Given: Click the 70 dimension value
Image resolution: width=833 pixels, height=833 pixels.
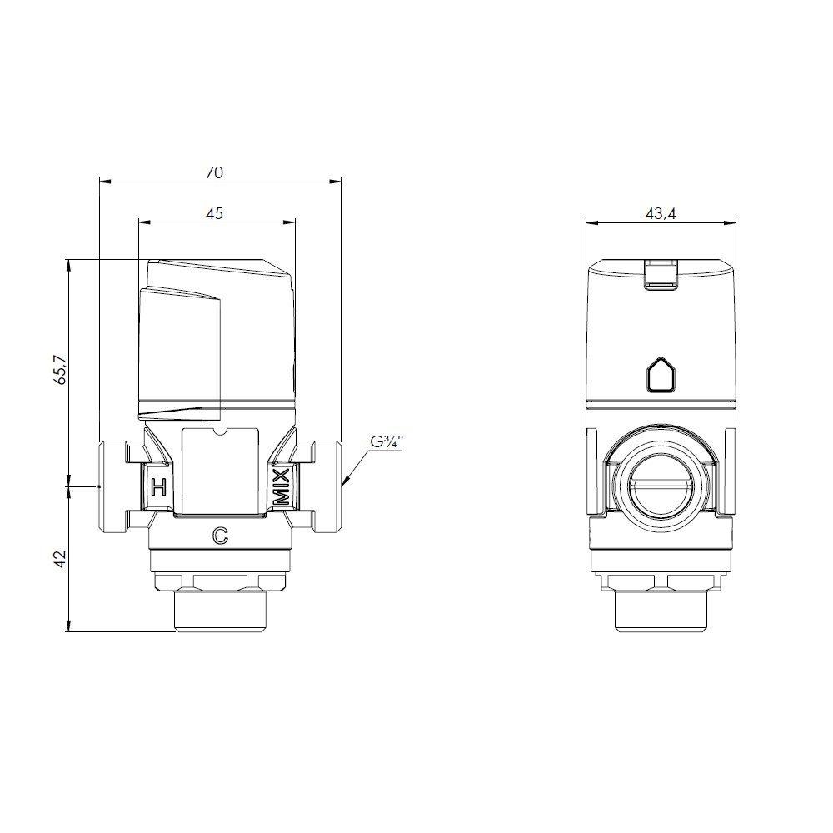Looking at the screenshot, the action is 215,172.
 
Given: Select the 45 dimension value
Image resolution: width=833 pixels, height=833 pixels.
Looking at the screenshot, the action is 215,213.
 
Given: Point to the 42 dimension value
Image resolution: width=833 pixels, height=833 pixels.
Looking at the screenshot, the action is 60,559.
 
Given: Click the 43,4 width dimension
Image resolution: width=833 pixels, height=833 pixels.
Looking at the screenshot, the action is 661,213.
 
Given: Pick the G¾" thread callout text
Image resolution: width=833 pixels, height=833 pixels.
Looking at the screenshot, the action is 387,442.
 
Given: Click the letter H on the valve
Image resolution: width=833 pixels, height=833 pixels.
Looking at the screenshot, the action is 158,486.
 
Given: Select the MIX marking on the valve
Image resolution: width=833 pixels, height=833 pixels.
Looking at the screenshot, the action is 282,486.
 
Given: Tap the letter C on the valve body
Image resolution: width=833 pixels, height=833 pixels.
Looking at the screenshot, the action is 220,536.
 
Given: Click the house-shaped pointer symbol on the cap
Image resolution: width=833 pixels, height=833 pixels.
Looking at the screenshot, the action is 661,375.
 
